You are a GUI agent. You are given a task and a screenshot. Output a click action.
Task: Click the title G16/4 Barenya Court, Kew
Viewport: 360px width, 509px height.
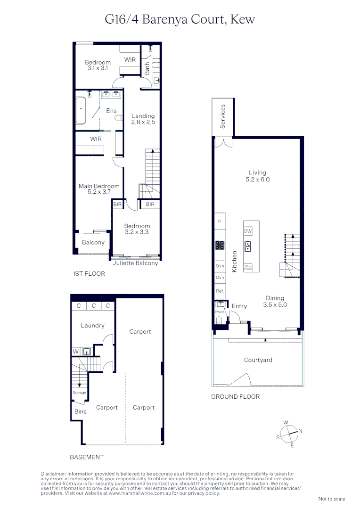point(180,19)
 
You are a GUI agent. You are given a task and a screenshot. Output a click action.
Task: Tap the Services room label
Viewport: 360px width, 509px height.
point(223,116)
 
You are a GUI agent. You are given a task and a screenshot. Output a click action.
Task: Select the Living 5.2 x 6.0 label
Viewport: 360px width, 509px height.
point(258,176)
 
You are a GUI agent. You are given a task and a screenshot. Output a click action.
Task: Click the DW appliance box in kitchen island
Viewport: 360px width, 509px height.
point(248,231)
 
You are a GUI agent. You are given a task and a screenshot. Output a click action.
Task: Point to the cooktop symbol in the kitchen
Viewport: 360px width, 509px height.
point(220,245)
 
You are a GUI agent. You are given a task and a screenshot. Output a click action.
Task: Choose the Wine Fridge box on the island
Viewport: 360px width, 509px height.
point(248,267)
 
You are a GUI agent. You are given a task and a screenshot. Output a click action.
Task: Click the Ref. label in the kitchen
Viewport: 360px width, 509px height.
point(220,291)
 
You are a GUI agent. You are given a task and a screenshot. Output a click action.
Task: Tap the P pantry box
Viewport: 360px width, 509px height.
point(219,221)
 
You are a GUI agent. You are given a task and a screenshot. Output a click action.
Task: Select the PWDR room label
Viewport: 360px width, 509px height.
point(219,312)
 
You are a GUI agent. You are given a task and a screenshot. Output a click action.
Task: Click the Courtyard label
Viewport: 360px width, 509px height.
point(258,360)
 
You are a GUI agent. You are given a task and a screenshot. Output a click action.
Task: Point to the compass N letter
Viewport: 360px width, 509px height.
point(300,431)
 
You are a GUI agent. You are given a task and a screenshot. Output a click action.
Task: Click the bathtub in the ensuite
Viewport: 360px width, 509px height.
point(82,111)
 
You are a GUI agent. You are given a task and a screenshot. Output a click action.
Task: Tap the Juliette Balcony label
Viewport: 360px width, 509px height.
point(135,263)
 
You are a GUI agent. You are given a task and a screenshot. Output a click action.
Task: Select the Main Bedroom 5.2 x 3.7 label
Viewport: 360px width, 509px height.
point(99,189)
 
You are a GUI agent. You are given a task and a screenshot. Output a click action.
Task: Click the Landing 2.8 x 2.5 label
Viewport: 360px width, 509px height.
point(143,119)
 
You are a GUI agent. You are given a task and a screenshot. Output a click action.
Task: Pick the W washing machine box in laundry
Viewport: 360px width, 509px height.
point(75,351)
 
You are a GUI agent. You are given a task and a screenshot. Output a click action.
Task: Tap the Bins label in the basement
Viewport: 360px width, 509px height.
point(80,411)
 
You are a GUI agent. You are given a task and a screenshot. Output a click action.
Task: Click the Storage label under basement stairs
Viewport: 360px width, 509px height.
point(79,393)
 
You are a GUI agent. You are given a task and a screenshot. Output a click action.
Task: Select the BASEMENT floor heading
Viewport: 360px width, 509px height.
point(87,457)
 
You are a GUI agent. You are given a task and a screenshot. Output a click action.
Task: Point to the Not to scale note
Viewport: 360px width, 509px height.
point(332,499)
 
